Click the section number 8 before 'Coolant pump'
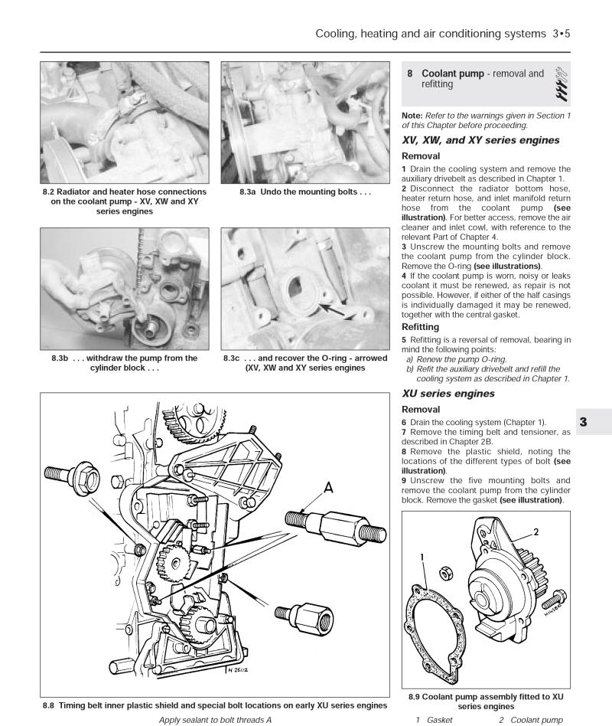pos(410,74)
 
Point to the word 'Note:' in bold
pos(414,115)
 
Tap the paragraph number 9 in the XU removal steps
pos(404,481)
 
